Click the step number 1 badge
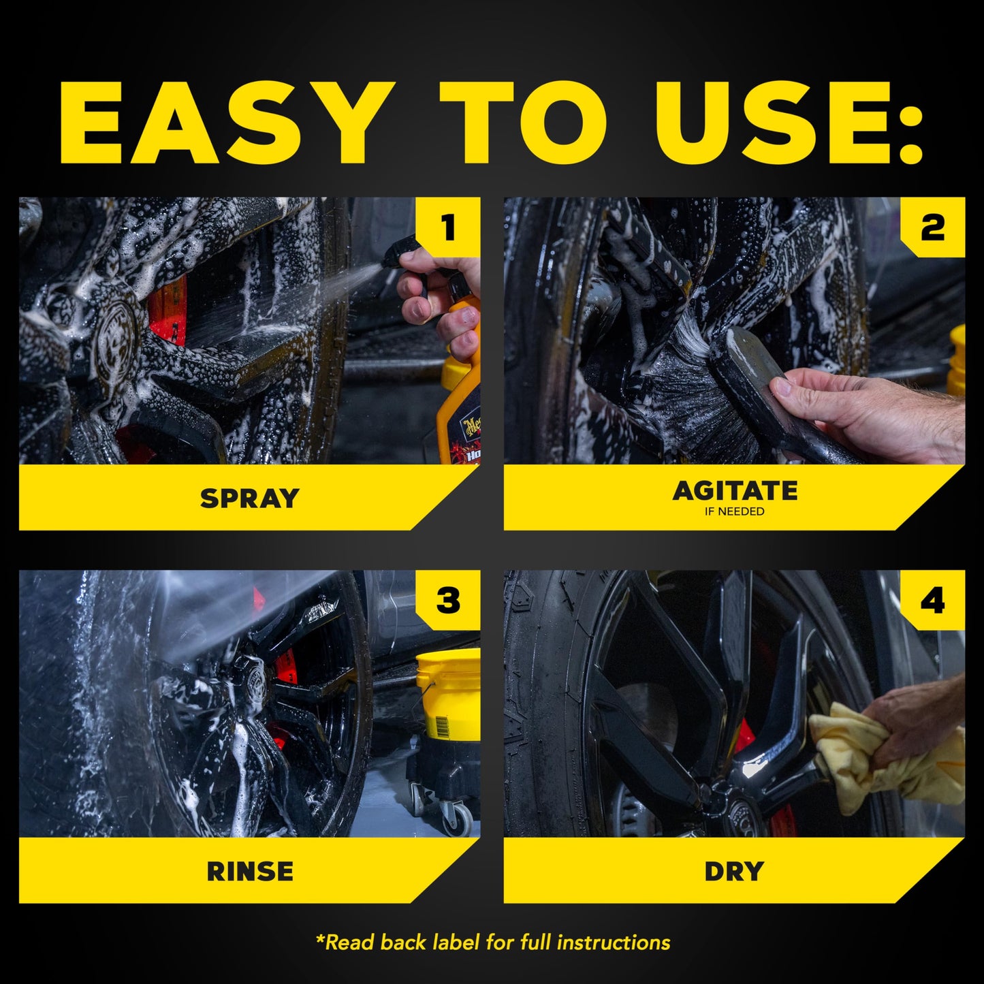click(x=448, y=227)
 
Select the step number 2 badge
click(x=932, y=227)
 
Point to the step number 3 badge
click(x=448, y=601)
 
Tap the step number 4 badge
click(x=932, y=601)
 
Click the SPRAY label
click(x=249, y=498)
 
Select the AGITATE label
click(x=734, y=490)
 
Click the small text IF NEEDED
click(x=734, y=511)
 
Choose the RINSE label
click(x=249, y=871)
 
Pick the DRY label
click(x=734, y=871)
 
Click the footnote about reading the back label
click(x=492, y=942)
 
